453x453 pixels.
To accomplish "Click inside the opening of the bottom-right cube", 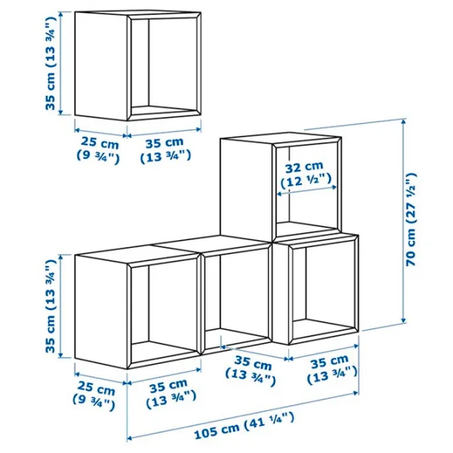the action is [324, 288].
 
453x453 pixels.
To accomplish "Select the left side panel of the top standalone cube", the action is [101, 66].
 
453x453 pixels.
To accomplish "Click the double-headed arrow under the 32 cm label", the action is [307, 190].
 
